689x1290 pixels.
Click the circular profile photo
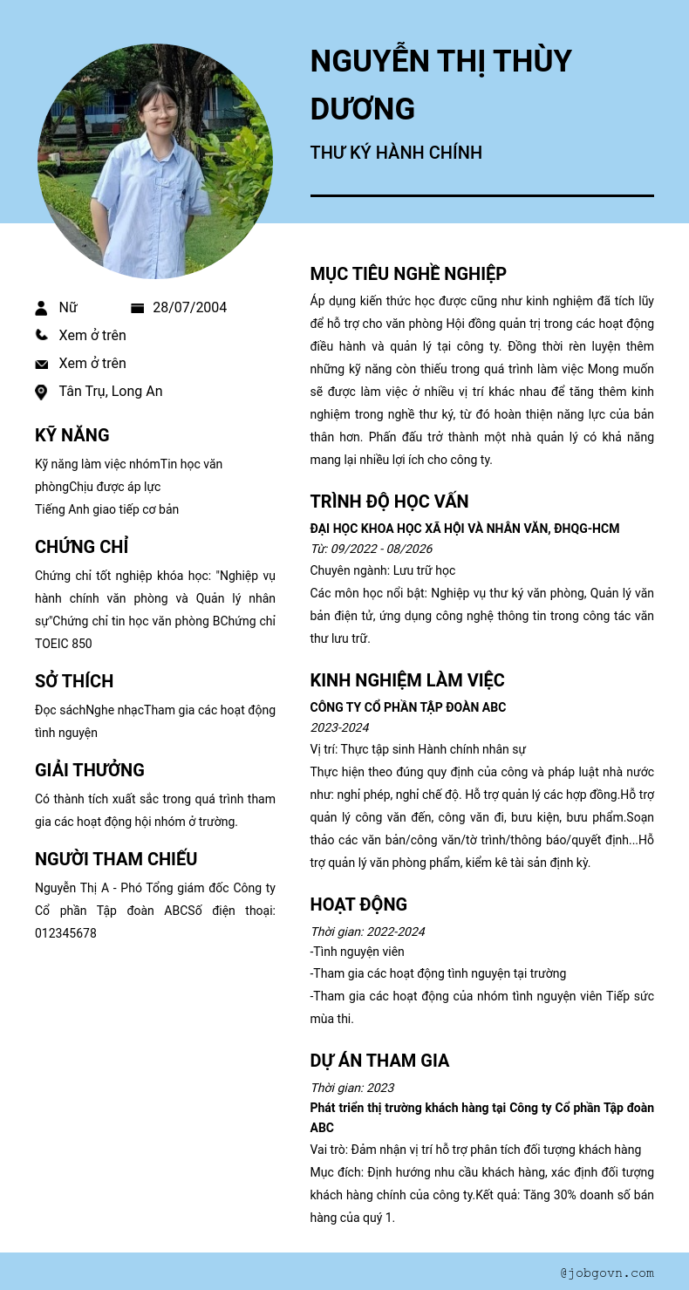point(155,161)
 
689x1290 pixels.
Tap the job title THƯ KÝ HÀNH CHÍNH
point(396,153)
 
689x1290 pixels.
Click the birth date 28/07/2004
point(189,307)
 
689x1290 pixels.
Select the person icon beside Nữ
point(41,308)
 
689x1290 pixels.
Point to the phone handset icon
point(41,335)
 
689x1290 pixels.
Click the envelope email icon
point(41,364)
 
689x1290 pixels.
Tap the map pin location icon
point(41,392)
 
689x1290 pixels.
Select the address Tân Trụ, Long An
point(111,391)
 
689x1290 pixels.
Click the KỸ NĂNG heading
point(72,435)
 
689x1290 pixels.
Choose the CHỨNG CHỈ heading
point(82,547)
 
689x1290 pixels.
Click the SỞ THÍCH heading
point(74,681)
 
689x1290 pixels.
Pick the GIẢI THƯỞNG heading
point(90,770)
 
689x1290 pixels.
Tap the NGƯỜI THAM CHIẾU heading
point(116,859)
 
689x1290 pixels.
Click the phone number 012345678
point(65,933)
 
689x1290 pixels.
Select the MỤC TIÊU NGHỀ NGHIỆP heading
point(408,274)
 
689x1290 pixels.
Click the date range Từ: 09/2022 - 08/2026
point(372,549)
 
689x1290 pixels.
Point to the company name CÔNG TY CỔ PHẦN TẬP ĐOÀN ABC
point(408,707)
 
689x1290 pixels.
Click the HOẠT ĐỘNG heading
point(358,904)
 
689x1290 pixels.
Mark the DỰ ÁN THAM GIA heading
point(379,1061)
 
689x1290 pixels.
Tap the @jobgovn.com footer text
point(607,1273)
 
